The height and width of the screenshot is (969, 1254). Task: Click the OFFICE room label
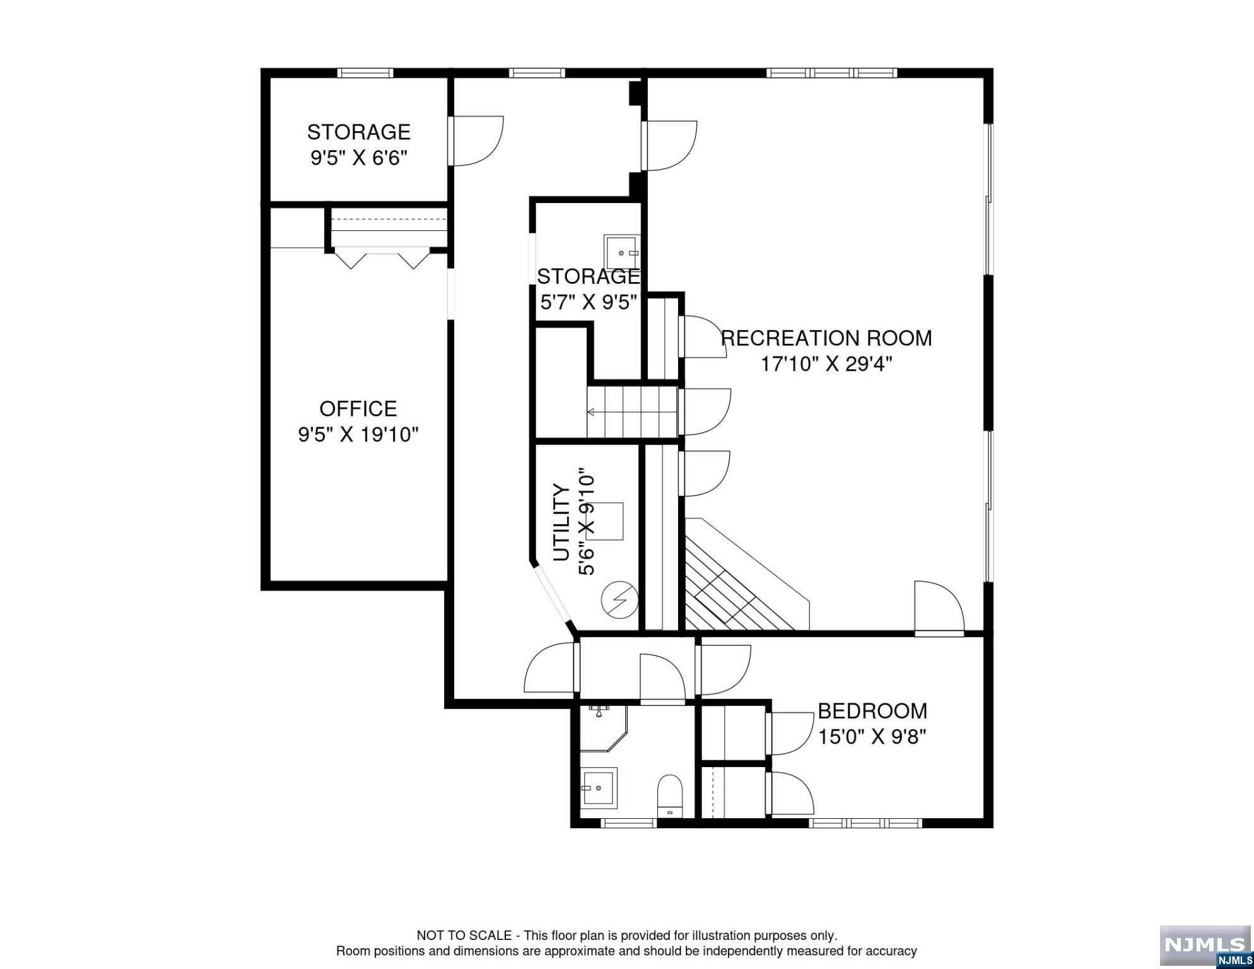tap(358, 409)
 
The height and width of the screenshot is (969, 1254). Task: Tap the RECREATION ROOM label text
tap(826, 338)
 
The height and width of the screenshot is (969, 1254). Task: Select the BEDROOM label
tap(872, 711)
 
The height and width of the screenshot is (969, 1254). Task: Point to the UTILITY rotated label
tap(561, 522)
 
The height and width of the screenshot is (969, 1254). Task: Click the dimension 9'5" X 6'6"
tap(358, 158)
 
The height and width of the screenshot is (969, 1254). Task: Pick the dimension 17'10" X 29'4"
tap(826, 364)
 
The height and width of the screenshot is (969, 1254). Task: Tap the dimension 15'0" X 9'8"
tap(872, 736)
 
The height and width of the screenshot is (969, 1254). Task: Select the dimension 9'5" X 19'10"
tap(358, 435)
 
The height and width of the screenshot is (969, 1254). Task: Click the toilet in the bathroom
tap(670, 796)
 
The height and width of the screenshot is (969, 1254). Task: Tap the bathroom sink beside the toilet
tap(599, 788)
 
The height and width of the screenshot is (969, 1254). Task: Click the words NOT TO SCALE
tap(464, 936)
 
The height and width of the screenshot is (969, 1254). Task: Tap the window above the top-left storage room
tap(365, 73)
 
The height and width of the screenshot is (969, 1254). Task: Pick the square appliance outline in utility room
tap(606, 521)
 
